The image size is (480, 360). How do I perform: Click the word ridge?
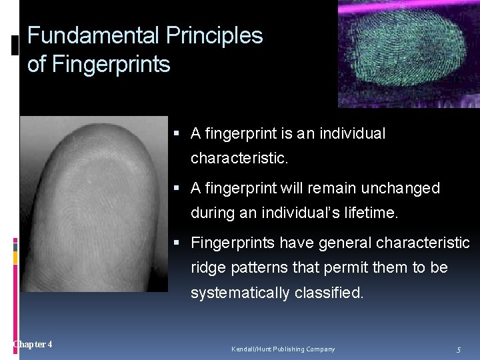pyautogui.click(x=208, y=268)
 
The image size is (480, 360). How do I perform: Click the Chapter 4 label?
pyautogui.click(x=33, y=344)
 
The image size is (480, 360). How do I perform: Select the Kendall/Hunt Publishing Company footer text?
pyautogui.click(x=283, y=349)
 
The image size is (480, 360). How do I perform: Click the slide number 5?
pyautogui.click(x=459, y=349)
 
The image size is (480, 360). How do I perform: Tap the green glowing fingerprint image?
pyautogui.click(x=408, y=53)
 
